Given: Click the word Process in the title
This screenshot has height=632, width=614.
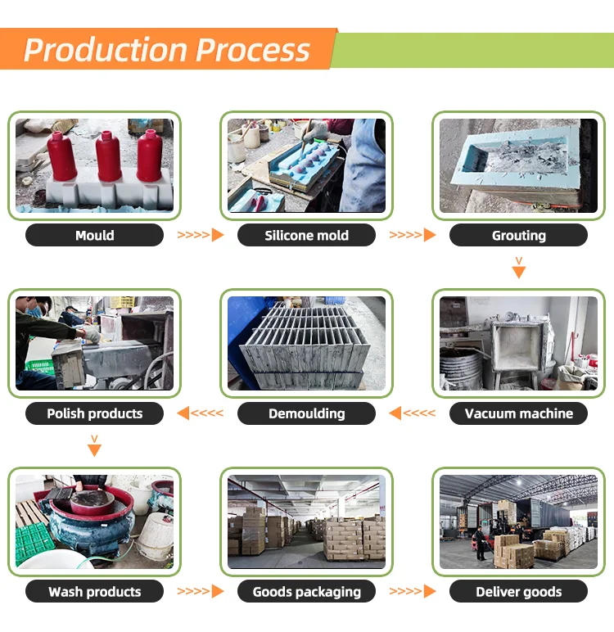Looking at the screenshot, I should click(254, 50).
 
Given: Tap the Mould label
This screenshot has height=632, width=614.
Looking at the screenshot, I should click(94, 236).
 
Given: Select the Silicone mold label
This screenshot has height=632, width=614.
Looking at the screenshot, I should click(306, 236).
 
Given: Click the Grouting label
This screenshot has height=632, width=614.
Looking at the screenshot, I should click(518, 236).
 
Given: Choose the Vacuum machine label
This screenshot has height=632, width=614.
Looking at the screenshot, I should click(518, 413).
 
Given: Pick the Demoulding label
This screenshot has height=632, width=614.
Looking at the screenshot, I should click(306, 413).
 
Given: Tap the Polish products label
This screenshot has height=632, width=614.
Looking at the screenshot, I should click(94, 413).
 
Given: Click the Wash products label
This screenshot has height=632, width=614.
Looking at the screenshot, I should click(94, 591).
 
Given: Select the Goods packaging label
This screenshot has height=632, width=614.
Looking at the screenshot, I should click(306, 591).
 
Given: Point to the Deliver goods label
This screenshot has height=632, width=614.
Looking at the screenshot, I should click(518, 591).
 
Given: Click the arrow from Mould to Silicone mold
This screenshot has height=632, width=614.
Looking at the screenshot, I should click(201, 236).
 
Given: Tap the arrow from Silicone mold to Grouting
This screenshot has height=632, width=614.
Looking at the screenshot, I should click(412, 236).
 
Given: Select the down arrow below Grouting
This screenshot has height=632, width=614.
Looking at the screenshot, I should click(518, 268).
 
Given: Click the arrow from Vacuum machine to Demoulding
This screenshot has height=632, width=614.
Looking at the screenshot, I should click(412, 413).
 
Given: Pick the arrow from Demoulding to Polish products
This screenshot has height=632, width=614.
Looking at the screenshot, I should click(201, 413).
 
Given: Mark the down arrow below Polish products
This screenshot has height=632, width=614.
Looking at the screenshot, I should click(94, 446).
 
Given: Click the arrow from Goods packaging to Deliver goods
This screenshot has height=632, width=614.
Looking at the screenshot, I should click(412, 591).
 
